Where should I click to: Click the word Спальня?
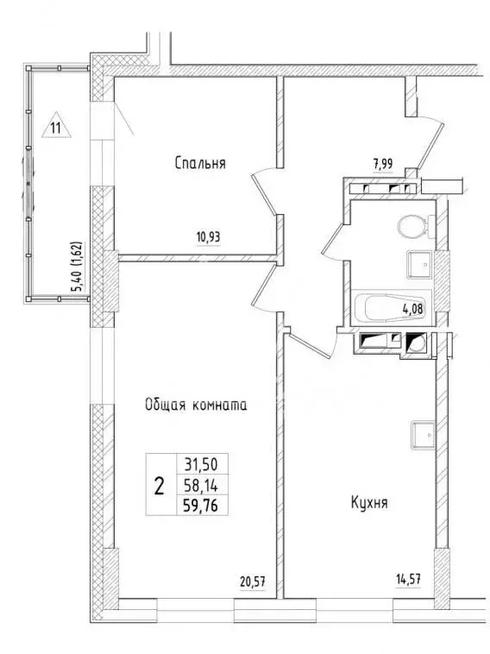(x=199, y=162)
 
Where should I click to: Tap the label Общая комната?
(x=197, y=404)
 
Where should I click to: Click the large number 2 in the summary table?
(x=159, y=485)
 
